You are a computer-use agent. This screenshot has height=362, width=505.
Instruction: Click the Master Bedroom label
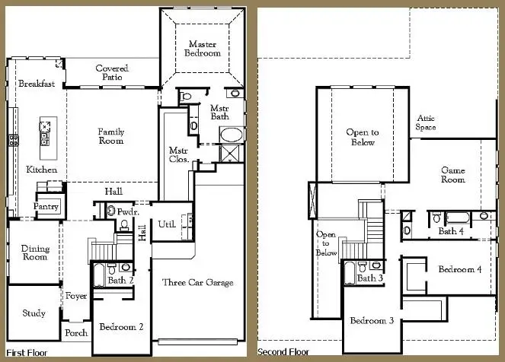point(203,49)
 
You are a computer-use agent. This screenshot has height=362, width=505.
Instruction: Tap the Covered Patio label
point(112,73)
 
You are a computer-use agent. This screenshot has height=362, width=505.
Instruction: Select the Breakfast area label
point(37,84)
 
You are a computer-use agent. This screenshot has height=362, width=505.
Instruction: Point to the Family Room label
point(110,136)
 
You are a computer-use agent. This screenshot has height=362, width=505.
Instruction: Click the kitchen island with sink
point(44,132)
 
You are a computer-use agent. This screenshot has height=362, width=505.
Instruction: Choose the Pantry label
point(46,207)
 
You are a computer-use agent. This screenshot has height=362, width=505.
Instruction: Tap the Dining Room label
point(35,253)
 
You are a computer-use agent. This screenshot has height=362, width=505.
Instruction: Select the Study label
point(34,313)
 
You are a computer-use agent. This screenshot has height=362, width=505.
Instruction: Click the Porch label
point(76,332)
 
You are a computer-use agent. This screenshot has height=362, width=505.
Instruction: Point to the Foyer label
point(76,296)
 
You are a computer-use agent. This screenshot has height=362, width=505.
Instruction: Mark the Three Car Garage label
point(198,283)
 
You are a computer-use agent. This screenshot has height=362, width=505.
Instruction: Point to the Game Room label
point(453,176)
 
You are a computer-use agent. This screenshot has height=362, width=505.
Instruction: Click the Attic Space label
point(426,122)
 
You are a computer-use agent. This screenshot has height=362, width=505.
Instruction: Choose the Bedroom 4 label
point(459,268)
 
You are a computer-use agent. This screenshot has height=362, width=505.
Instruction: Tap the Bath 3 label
point(370,278)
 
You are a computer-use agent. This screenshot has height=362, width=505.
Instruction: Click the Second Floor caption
point(283,352)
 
